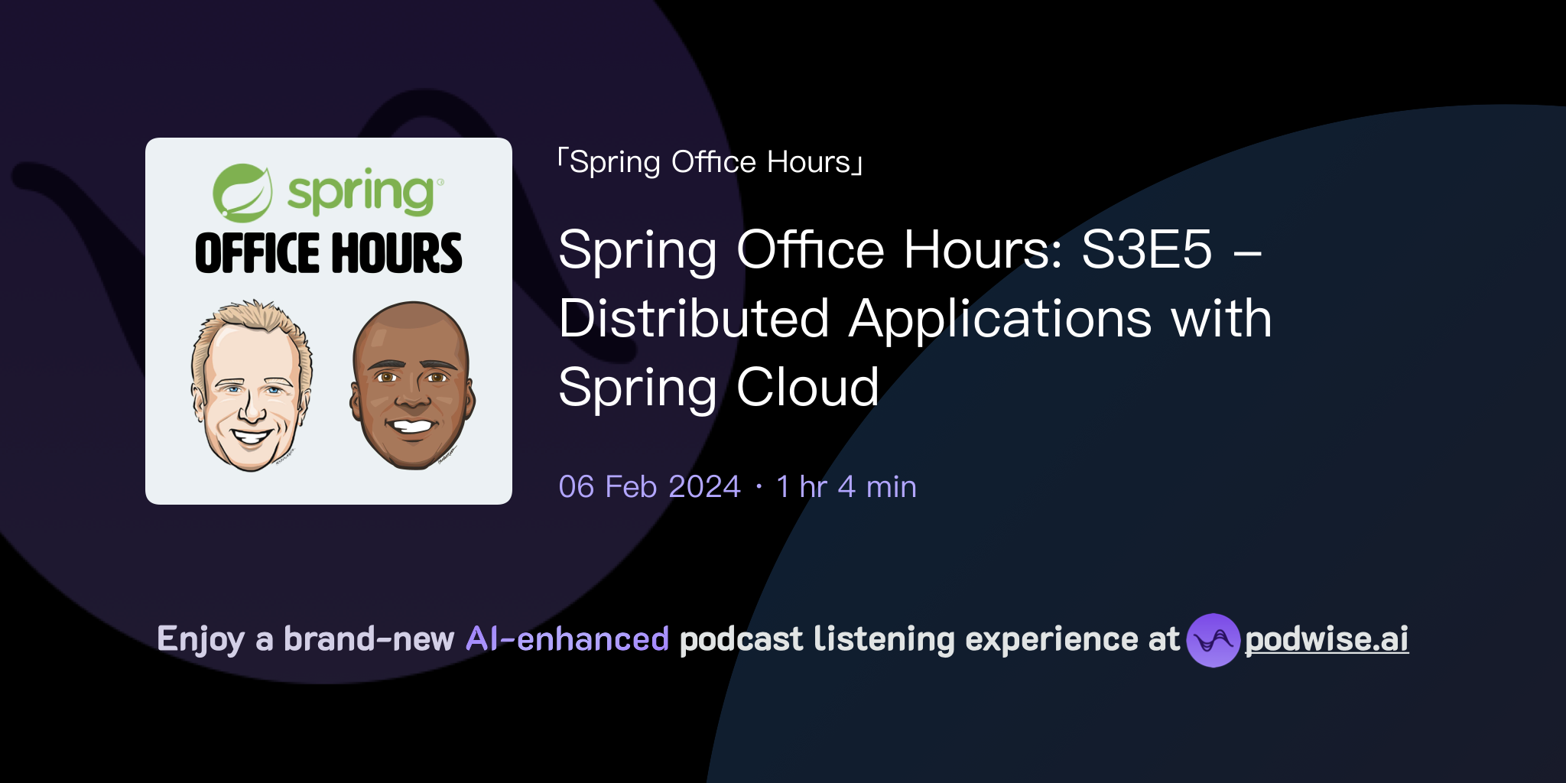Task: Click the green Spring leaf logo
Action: click(242, 192)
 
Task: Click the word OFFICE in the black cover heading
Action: click(257, 254)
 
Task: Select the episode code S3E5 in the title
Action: click(1146, 249)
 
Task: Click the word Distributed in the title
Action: click(694, 318)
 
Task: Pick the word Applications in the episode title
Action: click(1000, 318)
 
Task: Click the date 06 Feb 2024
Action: click(649, 487)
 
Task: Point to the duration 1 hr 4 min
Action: click(846, 487)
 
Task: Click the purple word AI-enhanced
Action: click(567, 639)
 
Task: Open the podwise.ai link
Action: click(1327, 639)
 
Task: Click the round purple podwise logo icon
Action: click(1213, 640)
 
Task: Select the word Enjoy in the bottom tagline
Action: click(200, 639)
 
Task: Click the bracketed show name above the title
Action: click(710, 162)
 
